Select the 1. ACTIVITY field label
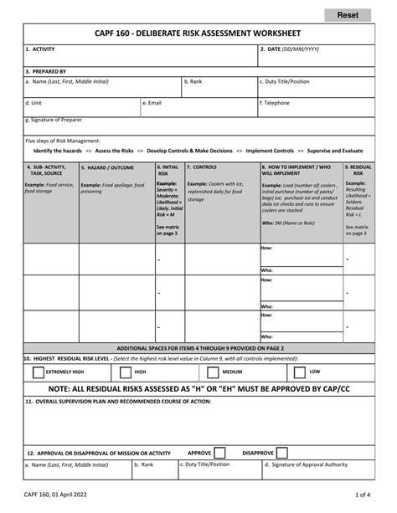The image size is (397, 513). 40,49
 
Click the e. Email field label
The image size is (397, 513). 152,102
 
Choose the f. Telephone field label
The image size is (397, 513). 277,102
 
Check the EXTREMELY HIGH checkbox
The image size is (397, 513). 34,371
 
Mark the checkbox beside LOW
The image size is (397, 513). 299,371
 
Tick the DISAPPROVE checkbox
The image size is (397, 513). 284,451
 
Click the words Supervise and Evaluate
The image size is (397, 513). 342,151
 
